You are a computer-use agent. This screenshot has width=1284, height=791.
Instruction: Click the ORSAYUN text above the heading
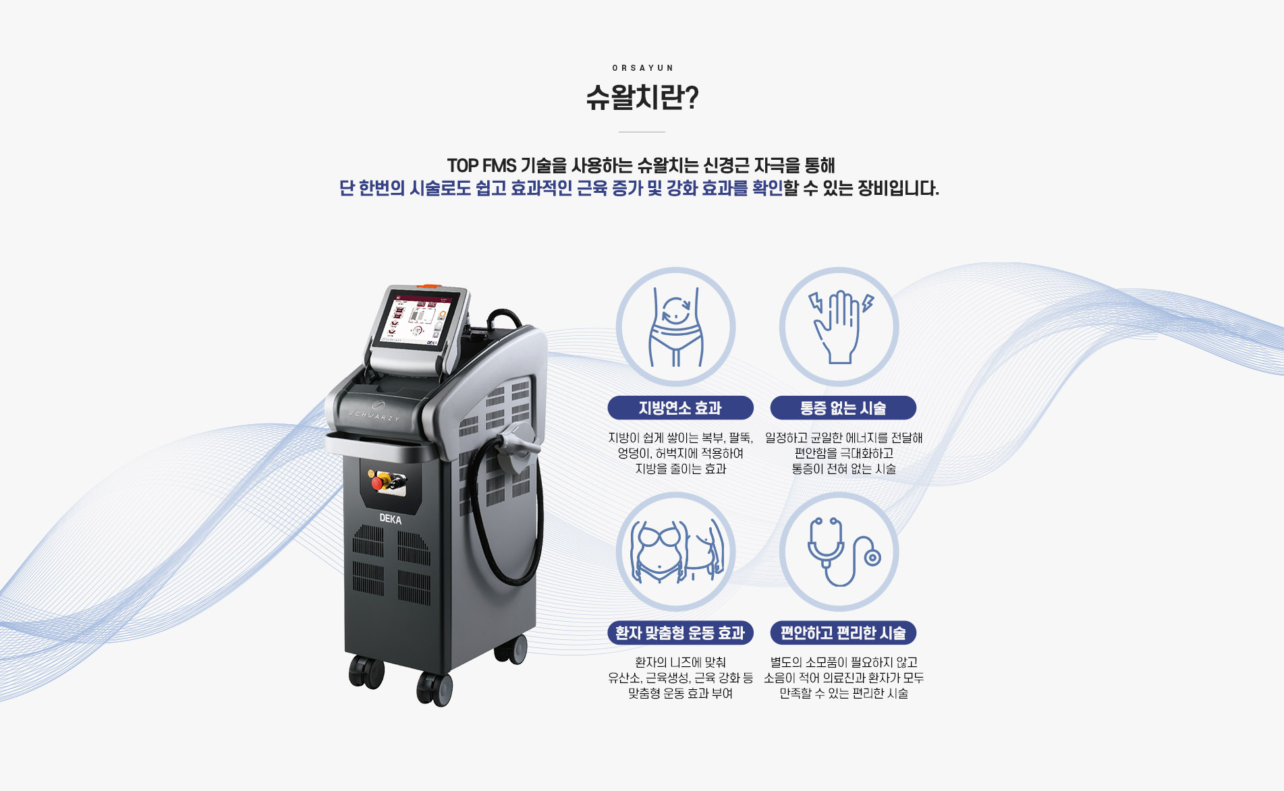642,68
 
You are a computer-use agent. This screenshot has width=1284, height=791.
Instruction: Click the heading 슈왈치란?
642,98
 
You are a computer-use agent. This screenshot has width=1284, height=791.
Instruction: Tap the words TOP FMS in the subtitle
481,165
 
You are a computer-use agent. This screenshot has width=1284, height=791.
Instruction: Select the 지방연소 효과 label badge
680,408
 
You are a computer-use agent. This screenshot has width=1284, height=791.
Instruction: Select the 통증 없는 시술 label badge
843,408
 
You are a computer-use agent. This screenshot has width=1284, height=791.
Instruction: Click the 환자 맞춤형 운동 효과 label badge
680,633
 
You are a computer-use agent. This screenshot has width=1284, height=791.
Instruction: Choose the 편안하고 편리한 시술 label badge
843,633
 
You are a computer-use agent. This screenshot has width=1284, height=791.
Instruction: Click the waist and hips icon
675,328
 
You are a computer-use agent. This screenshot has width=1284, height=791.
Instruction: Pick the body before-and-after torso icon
677,552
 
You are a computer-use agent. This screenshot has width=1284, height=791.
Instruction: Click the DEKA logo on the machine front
390,519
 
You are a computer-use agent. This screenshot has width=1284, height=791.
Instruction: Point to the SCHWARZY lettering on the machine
374,415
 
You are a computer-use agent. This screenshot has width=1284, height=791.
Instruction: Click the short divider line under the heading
642,131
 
